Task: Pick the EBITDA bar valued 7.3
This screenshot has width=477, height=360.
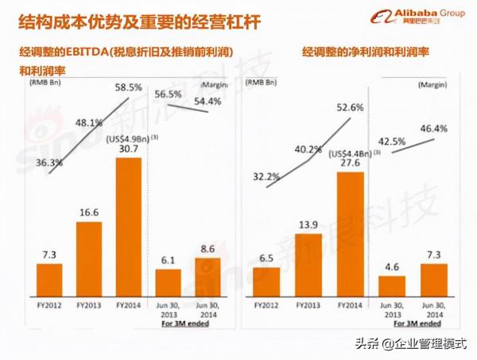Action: pos(49,277)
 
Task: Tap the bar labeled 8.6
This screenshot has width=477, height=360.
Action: pos(207,275)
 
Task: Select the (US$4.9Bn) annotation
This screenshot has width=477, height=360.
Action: pos(127,137)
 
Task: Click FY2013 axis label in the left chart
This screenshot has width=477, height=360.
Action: pos(89,304)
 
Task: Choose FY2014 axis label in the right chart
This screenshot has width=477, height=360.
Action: pos(350,304)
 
